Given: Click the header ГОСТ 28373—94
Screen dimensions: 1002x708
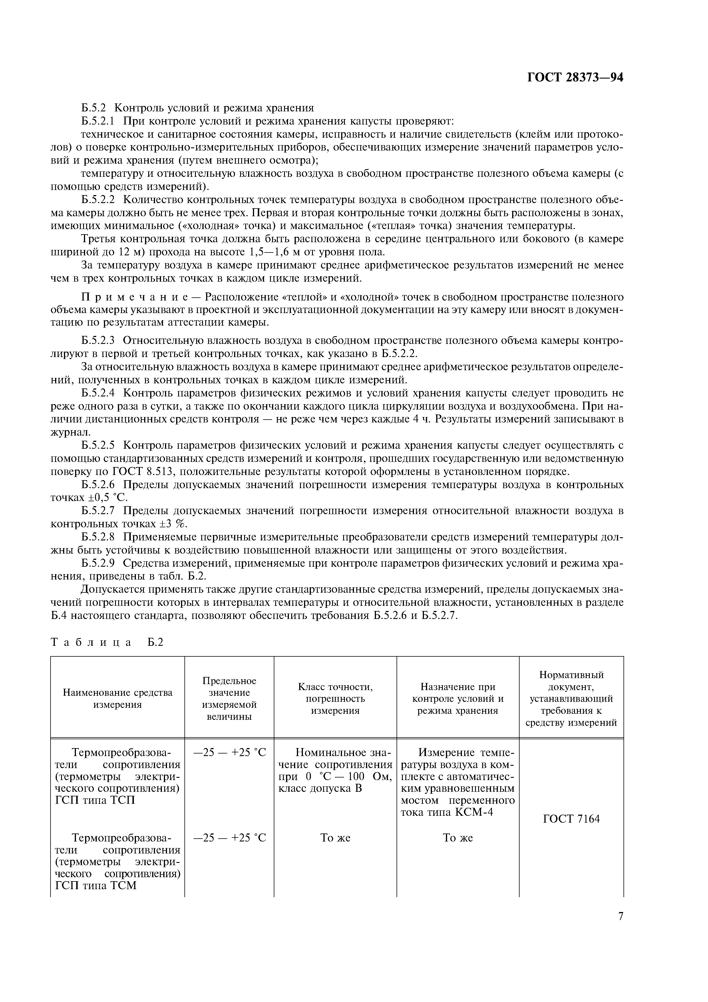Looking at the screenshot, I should coord(575,78).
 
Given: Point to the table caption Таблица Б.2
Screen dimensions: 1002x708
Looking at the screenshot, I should coord(107,642).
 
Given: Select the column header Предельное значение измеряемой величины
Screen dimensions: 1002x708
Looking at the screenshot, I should coord(229,698).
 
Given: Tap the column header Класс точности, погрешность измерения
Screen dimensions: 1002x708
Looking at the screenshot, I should coord(335,698).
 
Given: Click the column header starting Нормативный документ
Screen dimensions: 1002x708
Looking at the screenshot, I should coord(571,698).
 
